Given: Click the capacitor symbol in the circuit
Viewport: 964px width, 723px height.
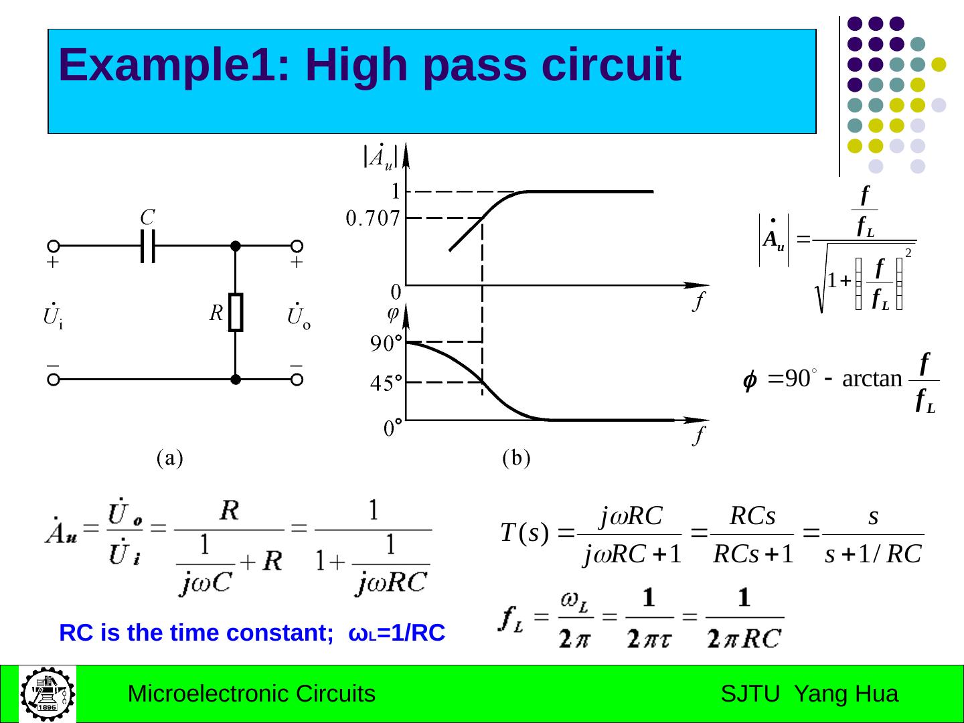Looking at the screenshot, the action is pyautogui.click(x=148, y=246).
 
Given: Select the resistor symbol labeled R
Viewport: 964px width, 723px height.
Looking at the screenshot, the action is pyautogui.click(x=236, y=312).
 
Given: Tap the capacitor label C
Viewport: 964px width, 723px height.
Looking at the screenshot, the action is pyautogui.click(x=147, y=218).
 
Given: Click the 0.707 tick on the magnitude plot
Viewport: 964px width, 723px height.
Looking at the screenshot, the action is pyautogui.click(x=373, y=218).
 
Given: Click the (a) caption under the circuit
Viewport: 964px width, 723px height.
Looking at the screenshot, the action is pyautogui.click(x=169, y=459).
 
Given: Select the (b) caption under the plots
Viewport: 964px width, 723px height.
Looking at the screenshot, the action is pyautogui.click(x=516, y=459).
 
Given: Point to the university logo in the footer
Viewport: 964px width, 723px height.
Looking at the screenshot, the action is pyautogui.click(x=48, y=694).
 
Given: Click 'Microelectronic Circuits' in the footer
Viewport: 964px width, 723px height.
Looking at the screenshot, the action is pyautogui.click(x=251, y=694).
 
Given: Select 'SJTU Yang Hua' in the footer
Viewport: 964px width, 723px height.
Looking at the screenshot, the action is pyautogui.click(x=809, y=694).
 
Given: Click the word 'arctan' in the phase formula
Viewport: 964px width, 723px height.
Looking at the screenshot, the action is pyautogui.click(x=872, y=379).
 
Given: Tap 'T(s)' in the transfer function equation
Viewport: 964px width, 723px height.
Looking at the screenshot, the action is pyautogui.click(x=524, y=534).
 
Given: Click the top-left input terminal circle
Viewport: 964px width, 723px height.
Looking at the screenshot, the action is pyautogui.click(x=54, y=246).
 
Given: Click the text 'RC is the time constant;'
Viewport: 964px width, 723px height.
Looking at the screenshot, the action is pyautogui.click(x=196, y=633).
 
